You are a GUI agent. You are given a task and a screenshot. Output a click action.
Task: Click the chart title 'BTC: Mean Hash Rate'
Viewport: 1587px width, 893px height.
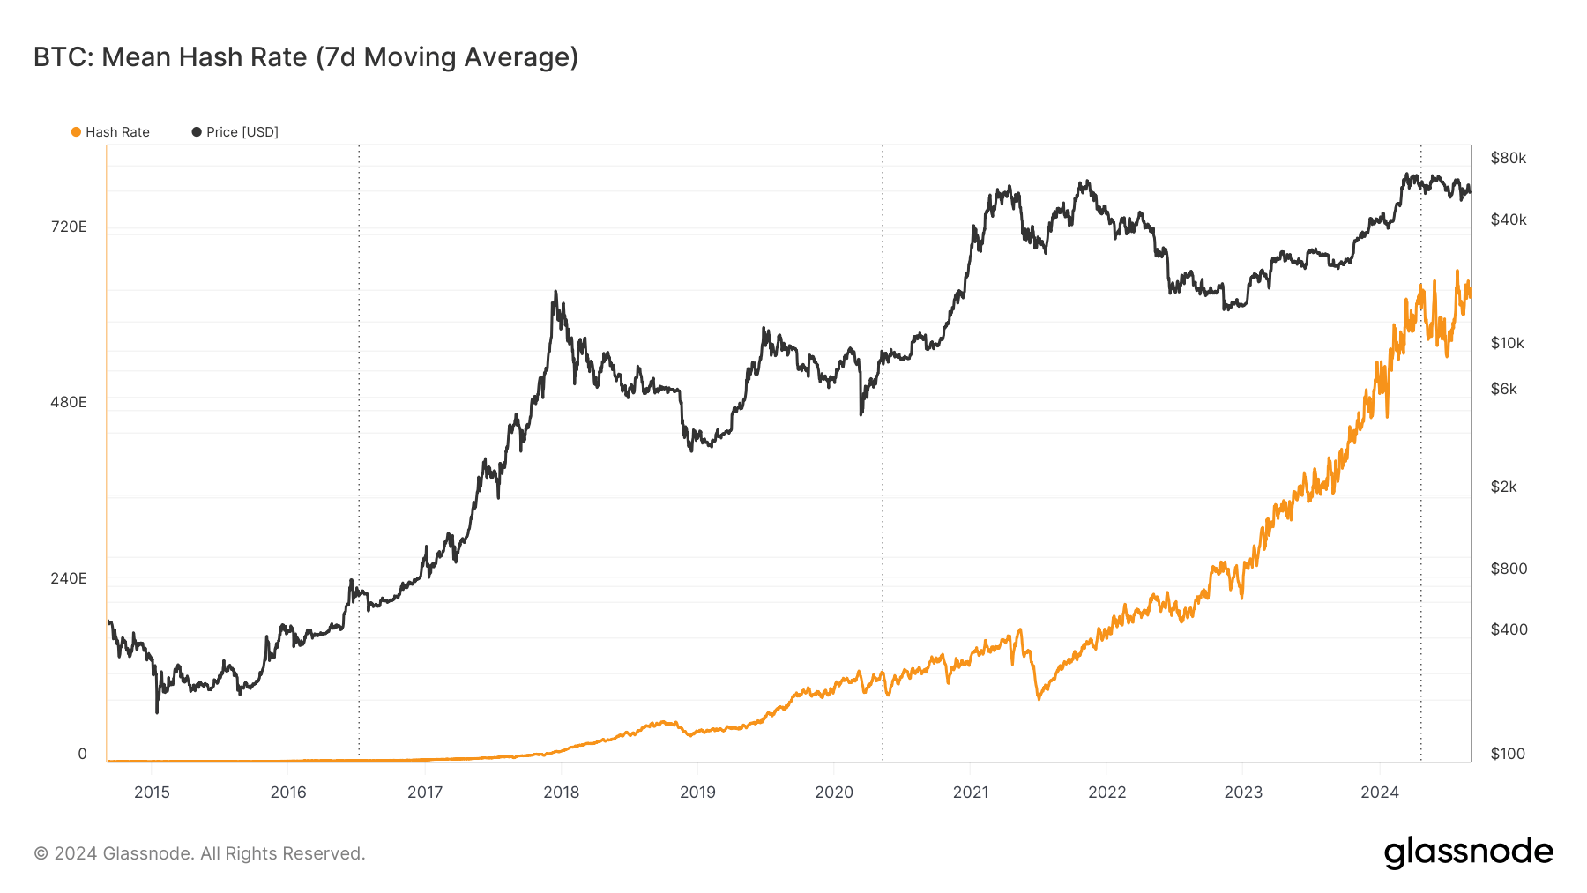(x=305, y=57)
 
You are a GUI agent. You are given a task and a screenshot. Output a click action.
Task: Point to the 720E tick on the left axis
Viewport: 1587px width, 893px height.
(x=69, y=227)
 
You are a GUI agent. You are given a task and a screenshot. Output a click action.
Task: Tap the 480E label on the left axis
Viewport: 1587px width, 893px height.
(x=69, y=402)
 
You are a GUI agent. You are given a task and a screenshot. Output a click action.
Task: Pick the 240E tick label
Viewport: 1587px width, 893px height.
(x=69, y=578)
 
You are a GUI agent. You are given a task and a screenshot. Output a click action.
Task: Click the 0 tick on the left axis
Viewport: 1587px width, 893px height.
(x=82, y=754)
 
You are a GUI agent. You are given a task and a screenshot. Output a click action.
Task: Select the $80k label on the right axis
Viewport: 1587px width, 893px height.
(x=1508, y=158)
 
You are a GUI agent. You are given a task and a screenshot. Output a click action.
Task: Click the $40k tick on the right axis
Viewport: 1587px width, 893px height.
(x=1508, y=220)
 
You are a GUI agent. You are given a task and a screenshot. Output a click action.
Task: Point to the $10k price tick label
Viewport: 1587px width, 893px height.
(x=1507, y=343)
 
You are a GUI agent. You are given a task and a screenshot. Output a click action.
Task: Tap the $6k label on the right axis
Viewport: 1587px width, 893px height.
(x=1503, y=389)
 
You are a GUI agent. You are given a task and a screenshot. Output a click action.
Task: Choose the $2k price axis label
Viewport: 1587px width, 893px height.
(x=1503, y=487)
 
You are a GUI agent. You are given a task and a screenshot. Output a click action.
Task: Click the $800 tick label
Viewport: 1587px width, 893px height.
(x=1509, y=569)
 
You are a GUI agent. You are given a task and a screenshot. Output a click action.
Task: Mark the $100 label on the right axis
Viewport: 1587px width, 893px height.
(x=1508, y=754)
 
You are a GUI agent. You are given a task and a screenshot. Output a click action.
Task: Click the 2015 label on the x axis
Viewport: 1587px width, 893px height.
(x=152, y=792)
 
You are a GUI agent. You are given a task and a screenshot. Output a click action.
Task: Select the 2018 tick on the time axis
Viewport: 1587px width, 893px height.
(x=561, y=792)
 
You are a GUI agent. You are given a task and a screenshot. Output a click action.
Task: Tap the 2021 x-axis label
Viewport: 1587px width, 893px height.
(x=971, y=792)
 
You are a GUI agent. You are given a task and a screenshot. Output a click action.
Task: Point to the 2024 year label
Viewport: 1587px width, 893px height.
(x=1380, y=792)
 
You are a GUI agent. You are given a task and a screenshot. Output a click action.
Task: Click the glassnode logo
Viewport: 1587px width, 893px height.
(x=1468, y=852)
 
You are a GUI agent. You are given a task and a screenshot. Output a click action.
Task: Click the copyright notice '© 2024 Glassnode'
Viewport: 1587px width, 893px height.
(x=199, y=853)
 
